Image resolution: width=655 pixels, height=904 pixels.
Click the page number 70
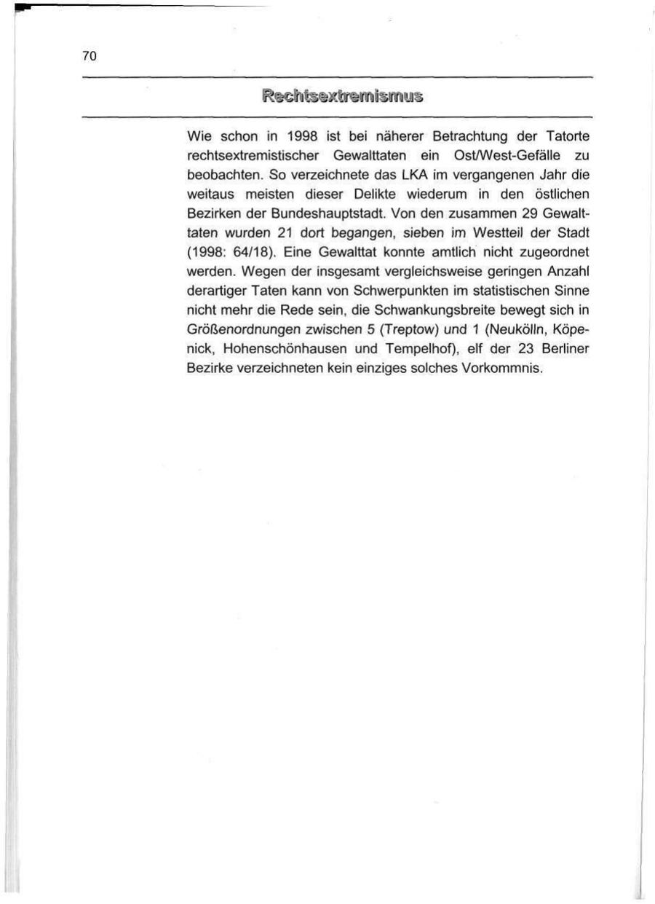tap(90, 56)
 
